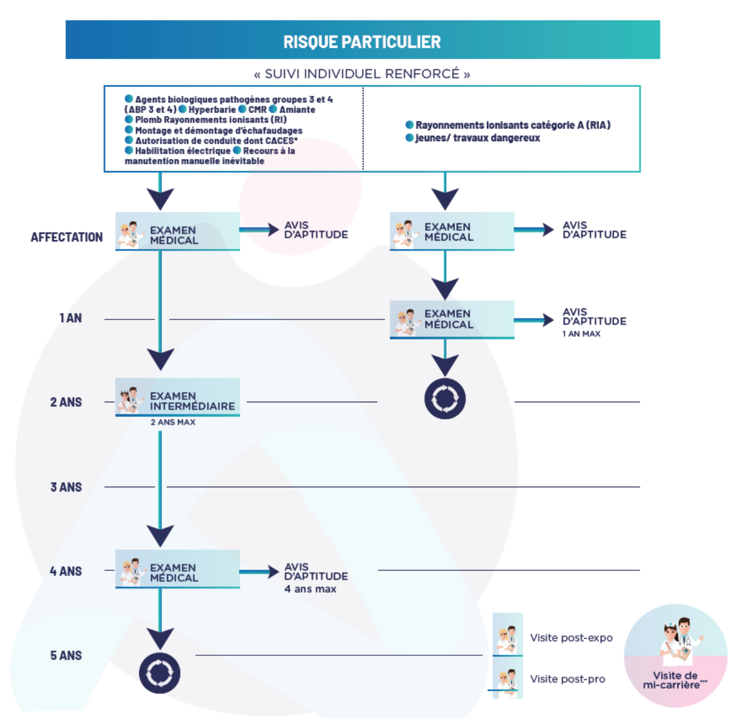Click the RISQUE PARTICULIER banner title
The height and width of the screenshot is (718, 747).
[x=362, y=42]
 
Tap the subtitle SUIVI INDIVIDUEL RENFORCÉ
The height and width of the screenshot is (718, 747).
[x=362, y=73]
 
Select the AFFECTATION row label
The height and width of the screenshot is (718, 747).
[x=67, y=237]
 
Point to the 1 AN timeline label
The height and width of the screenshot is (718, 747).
[x=71, y=318]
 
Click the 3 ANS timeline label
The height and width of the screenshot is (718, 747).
[x=66, y=487]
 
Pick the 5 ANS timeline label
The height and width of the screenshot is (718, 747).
[x=66, y=655]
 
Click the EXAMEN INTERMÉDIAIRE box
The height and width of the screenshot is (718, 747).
[x=178, y=397]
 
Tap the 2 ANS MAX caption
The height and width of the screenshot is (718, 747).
[x=173, y=422]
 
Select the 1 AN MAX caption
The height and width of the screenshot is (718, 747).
[x=582, y=334]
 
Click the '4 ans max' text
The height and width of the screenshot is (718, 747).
[x=310, y=589]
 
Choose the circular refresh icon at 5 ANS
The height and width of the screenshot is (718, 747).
[x=160, y=673]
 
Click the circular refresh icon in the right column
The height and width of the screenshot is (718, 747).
[x=445, y=398]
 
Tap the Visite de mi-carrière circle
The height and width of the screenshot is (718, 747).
[x=676, y=656]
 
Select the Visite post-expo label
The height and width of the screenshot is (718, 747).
[x=571, y=638]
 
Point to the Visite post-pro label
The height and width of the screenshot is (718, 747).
[x=568, y=679]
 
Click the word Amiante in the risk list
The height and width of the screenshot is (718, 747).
[x=297, y=109]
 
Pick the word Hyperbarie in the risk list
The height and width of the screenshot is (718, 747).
[x=212, y=109]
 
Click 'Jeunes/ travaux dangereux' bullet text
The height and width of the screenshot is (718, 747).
[x=478, y=138]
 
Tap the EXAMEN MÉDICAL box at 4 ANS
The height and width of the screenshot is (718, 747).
[x=178, y=569]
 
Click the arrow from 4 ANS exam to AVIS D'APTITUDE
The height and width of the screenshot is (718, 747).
[x=259, y=572]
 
